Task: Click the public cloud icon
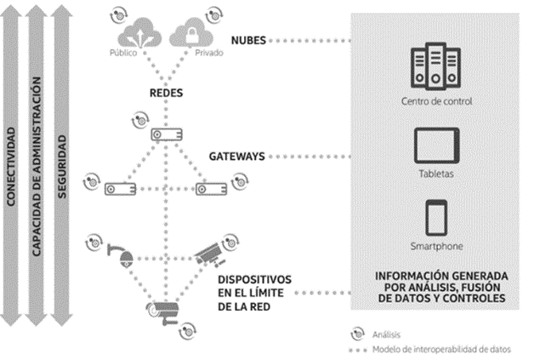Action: (139, 32)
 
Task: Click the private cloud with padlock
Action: (191, 32)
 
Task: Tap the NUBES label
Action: (248, 41)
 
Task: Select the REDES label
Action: (166, 93)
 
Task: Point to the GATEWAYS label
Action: (237, 157)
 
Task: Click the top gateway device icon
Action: (167, 134)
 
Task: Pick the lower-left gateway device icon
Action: (120, 189)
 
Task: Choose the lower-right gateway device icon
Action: (211, 189)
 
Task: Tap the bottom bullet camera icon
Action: (163, 312)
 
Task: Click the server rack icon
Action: (435, 66)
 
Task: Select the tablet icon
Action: (436, 146)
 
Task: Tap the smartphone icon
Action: (436, 218)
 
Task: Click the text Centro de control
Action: (436, 101)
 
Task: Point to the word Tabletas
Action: (436, 174)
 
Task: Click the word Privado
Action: (209, 53)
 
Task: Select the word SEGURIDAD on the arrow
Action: (61, 167)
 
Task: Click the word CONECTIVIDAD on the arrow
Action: (11, 167)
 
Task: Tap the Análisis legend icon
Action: (357, 334)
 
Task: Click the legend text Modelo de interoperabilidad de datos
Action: (441, 350)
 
